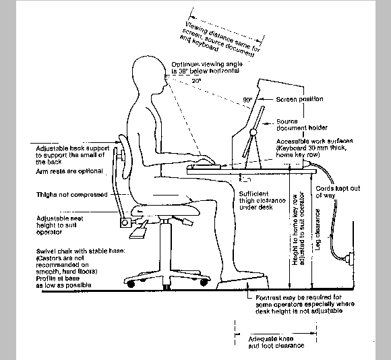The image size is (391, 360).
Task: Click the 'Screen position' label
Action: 300,99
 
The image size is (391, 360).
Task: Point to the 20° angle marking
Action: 195,80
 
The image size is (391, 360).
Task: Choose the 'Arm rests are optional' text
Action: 69,171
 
